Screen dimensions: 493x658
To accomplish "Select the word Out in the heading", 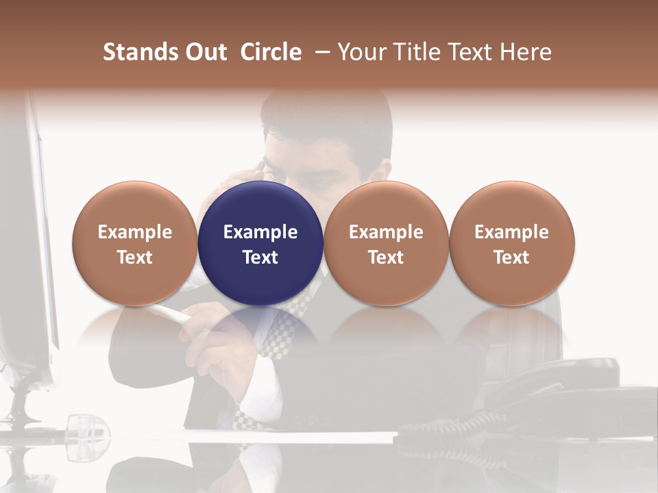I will (204, 52).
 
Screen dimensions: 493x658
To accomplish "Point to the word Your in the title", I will (360, 52).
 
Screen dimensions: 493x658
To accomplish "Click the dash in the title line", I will (321, 52).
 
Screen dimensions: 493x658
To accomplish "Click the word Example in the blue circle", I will (260, 232).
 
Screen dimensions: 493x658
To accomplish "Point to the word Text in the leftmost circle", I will (135, 257).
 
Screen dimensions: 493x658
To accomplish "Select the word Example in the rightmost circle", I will (512, 232).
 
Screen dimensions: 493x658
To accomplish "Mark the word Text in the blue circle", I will (260, 257).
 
